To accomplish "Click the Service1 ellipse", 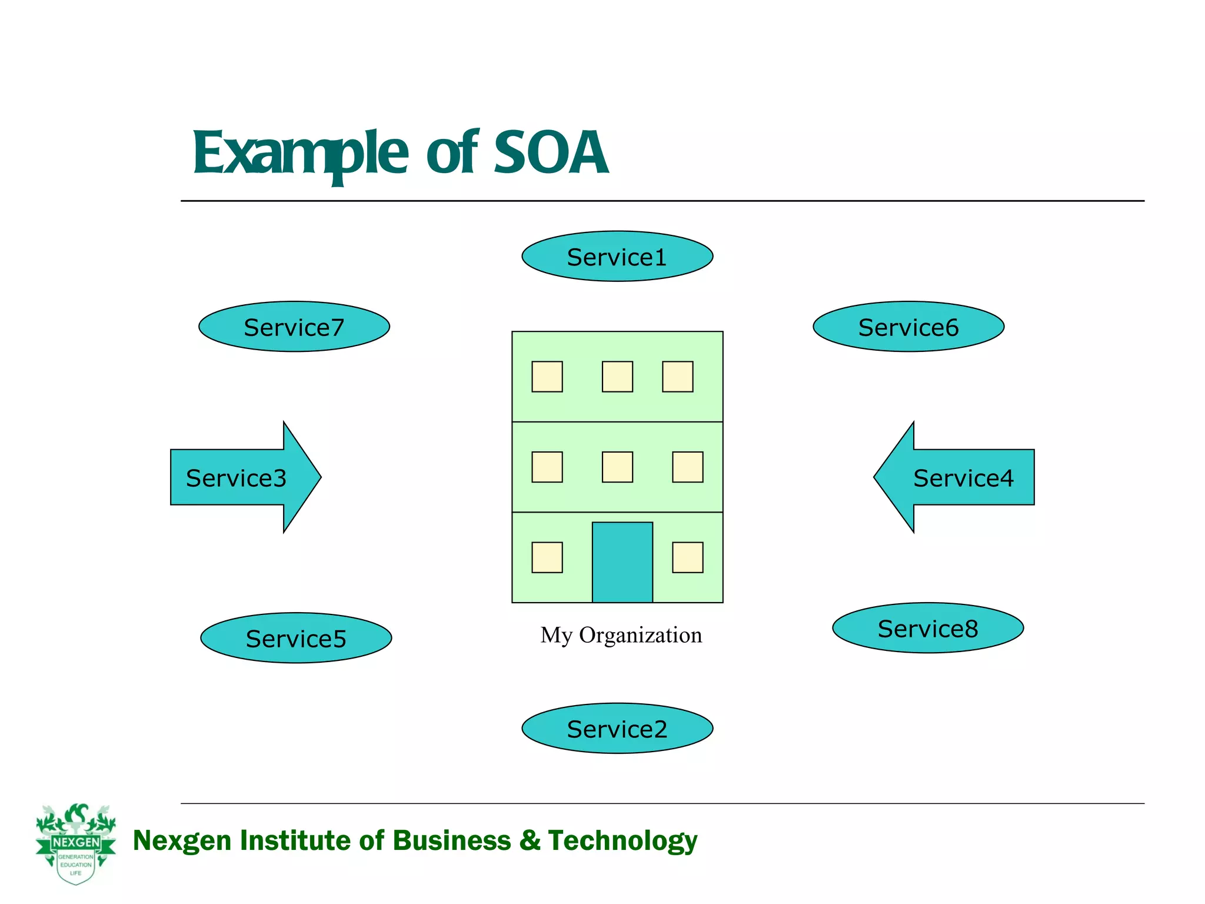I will click(617, 256).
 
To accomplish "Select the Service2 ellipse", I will click(617, 729).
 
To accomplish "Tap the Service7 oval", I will click(294, 327).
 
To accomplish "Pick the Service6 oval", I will click(908, 327).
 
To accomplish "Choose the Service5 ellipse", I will click(296, 638).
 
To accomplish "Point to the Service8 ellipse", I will click(928, 628).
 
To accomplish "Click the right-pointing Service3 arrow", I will click(241, 477).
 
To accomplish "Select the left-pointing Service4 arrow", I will click(959, 477).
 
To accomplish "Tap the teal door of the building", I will click(622, 562).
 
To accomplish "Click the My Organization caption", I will click(621, 635).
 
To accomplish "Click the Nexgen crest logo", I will click(76, 843).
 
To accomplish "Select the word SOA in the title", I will click(551, 153).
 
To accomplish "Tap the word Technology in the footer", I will click(622, 840).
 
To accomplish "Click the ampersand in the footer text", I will click(530, 840).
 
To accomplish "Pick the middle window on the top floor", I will click(617, 377).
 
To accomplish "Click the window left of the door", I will click(547, 557).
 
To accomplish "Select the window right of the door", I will click(687, 557).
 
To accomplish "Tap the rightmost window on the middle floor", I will click(687, 467).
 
